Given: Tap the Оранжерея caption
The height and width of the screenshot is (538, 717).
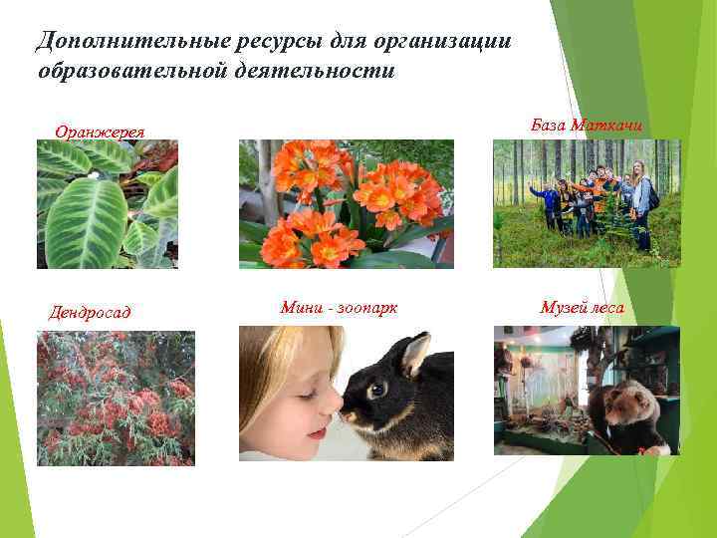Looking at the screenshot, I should click(101, 132).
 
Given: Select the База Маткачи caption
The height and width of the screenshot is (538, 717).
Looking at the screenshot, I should click(587, 126).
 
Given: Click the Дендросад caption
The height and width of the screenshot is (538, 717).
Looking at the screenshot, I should click(90, 313).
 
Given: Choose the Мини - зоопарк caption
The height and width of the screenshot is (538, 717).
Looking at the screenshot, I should click(339, 308).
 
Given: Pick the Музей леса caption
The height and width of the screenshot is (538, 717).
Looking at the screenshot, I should click(582, 308).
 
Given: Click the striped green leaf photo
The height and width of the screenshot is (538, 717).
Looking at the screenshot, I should click(108, 204).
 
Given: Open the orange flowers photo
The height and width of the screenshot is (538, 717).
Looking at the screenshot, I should click(346, 204).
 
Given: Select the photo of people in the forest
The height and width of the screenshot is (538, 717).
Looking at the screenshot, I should click(587, 203).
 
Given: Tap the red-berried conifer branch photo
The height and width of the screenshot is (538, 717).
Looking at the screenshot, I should click(116, 399).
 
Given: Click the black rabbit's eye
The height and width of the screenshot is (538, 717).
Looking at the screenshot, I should click(376, 389).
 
